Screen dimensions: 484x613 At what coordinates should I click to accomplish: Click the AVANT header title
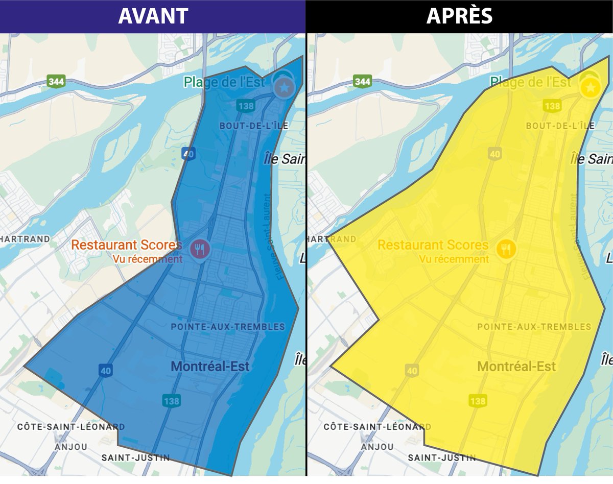coord(153,16)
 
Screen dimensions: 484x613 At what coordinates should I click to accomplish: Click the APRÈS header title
coord(459,16)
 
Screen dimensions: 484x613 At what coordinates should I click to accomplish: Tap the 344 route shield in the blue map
coord(56,81)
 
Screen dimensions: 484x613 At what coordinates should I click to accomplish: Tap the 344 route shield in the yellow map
coord(362,81)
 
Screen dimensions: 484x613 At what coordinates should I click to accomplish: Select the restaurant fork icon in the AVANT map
coord(200,249)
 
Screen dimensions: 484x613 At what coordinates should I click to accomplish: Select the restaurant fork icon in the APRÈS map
coord(506,249)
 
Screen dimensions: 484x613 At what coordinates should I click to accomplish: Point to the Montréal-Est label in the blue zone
coord(210,366)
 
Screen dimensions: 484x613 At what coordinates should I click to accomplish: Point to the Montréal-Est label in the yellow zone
coord(516,366)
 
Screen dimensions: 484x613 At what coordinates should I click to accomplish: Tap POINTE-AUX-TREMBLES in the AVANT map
coord(228,327)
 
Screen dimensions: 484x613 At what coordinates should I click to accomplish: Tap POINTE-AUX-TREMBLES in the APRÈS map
coord(534,327)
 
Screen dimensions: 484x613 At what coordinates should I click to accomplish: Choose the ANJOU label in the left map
coord(71,447)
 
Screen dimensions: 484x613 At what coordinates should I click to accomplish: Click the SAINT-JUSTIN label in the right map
coord(442,457)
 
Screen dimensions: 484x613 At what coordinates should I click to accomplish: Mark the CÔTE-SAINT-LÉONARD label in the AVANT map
coord(70,426)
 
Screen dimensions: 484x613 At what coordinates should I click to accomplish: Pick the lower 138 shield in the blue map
coord(171,401)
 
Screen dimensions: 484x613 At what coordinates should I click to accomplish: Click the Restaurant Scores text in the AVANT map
coord(127,245)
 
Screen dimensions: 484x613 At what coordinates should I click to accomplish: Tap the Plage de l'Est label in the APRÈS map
coord(531,82)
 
